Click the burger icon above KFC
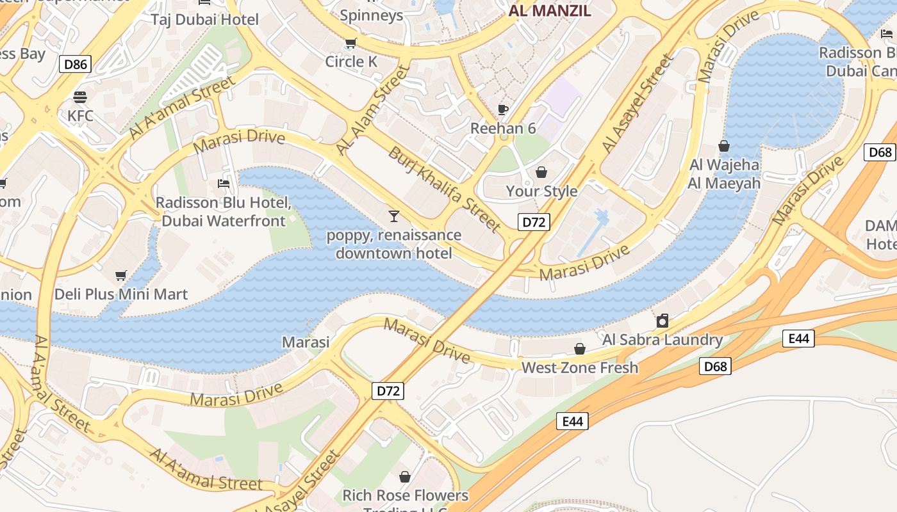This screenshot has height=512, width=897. point(80,97)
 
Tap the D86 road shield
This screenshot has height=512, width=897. point(75,63)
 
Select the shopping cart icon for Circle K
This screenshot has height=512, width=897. point(350,44)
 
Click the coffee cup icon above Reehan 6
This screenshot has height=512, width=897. point(503,110)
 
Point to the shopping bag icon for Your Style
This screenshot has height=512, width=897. point(541,172)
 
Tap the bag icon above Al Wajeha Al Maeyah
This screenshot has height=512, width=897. point(724,146)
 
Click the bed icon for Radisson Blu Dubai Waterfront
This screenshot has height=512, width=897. point(224,184)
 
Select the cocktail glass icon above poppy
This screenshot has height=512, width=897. point(393,216)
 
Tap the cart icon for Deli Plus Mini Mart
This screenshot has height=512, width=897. point(121,276)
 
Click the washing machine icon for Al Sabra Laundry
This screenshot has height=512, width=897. point(662,321)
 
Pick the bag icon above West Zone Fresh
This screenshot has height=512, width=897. point(580,349)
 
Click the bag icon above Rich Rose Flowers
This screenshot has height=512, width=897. point(405,477)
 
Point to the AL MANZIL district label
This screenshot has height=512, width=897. point(550,11)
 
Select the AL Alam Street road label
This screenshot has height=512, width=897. point(373,109)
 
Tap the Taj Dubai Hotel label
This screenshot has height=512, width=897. point(205,20)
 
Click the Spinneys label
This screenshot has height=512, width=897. point(372,15)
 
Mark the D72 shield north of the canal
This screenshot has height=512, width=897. point(534,222)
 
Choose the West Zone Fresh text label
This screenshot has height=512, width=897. point(580,367)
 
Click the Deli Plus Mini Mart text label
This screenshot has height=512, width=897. point(121,294)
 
